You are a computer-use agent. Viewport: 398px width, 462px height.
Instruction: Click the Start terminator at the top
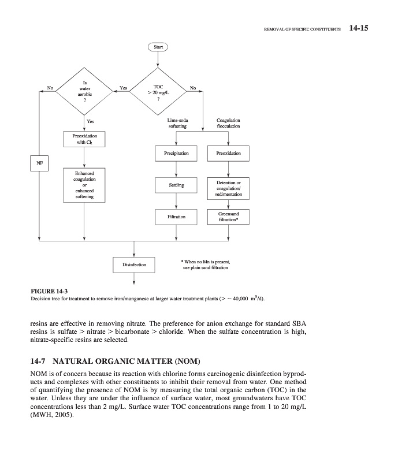point(158,47)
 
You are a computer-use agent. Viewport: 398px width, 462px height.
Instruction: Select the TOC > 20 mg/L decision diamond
point(158,92)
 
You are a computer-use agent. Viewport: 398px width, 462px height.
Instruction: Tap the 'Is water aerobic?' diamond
point(85,92)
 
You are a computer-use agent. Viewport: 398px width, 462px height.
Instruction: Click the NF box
point(39,162)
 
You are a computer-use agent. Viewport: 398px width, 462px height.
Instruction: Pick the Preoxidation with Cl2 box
point(85,139)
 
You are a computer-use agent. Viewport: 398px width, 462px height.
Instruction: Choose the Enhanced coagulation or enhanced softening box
point(85,185)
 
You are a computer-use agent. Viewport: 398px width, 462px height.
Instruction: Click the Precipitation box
point(176,154)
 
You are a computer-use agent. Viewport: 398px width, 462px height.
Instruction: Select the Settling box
point(176,185)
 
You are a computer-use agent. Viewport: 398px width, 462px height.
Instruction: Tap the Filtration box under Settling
point(176,217)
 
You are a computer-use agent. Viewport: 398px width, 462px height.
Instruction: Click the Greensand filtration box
point(228,217)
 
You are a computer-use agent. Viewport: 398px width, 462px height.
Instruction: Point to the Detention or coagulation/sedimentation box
point(228,189)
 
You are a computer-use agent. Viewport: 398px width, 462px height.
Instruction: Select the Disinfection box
point(134,265)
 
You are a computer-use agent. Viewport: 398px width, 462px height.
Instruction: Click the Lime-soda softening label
point(177,123)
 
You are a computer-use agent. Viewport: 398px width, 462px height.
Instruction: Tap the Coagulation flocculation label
point(228,123)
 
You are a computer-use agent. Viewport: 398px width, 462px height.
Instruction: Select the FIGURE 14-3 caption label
point(49,291)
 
